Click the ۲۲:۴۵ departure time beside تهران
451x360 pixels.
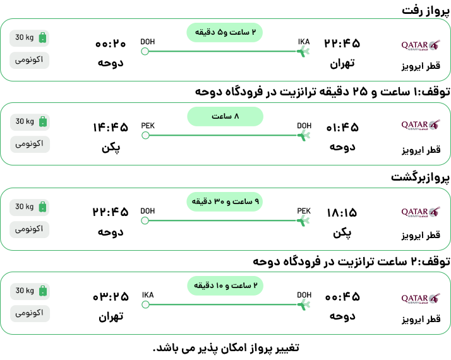342,44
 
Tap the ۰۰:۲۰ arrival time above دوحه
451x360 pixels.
111,44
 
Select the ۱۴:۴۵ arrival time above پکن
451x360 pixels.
111,128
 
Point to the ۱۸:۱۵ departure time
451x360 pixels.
342,213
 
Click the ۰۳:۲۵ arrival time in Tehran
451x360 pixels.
111,297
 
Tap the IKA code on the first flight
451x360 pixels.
304,42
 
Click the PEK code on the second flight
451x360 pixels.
148,126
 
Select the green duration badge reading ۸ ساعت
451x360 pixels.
225,116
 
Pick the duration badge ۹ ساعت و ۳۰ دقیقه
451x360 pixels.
225,201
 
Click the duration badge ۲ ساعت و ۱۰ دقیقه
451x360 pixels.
225,285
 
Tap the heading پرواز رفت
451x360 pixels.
425,11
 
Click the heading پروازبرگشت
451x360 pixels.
420,177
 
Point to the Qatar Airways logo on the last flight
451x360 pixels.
421,299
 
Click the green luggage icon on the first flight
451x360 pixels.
42,38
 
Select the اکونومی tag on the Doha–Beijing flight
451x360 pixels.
30,144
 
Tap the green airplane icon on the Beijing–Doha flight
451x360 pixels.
303,221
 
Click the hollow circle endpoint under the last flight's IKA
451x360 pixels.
145,304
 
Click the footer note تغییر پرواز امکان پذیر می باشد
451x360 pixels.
225,348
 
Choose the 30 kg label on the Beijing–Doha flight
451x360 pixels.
25,207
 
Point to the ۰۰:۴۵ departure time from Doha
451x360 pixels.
342,297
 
